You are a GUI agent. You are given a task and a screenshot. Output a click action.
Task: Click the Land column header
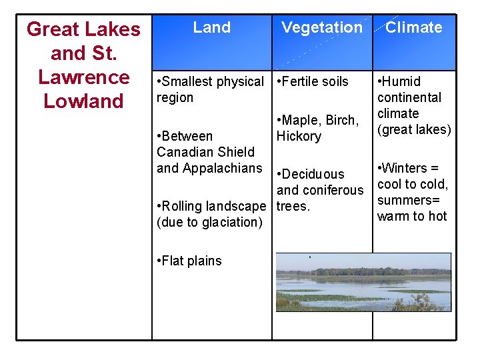211,28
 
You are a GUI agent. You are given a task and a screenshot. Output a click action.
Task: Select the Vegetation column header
321,28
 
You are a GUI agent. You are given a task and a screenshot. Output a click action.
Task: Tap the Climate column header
413,28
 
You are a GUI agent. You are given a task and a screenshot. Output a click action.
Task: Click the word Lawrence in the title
84,77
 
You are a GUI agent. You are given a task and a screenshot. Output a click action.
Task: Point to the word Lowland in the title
84,101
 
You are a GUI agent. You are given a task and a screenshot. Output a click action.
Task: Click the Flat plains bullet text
189,261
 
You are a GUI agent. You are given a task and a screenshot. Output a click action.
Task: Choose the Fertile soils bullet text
313,81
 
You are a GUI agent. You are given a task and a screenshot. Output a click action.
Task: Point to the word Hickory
299,136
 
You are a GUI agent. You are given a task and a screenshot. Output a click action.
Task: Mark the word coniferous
333,190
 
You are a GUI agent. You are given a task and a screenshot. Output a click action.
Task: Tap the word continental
409,97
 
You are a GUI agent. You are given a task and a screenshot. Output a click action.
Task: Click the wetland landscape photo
363,282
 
